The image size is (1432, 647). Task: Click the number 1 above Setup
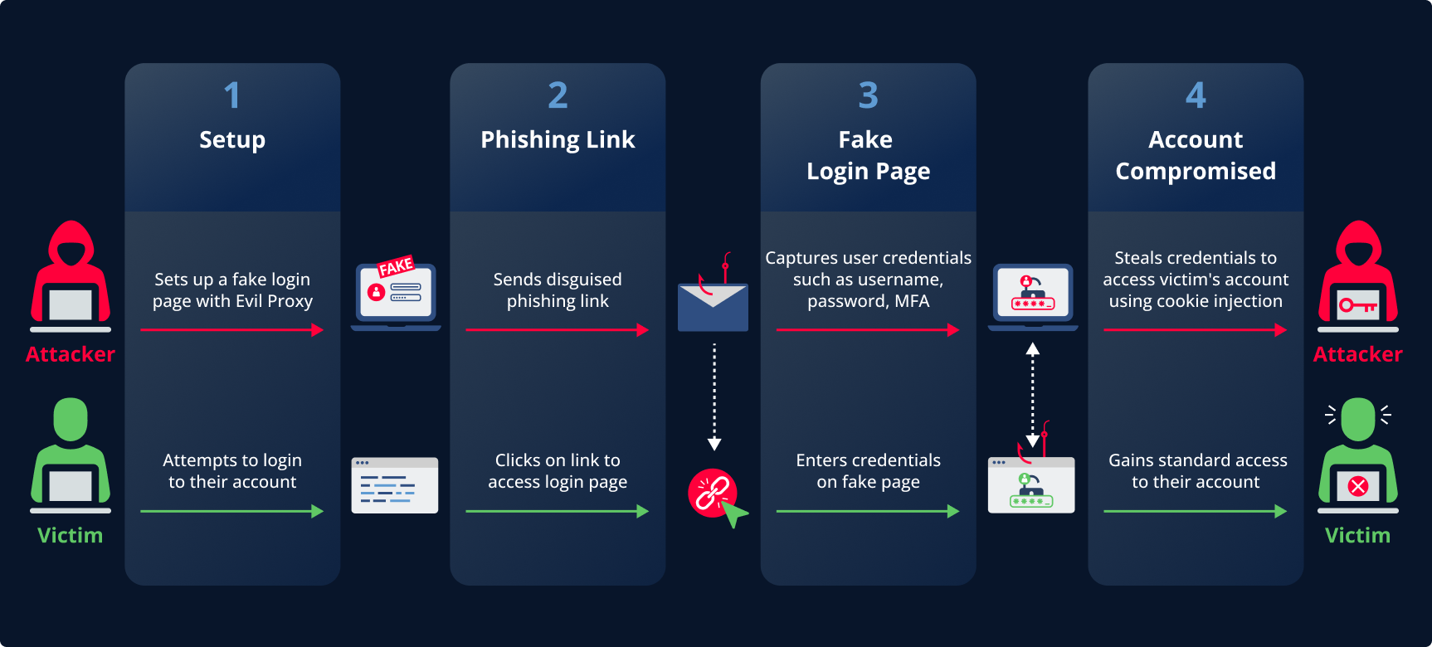[232, 95]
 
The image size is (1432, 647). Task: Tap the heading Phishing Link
[558, 139]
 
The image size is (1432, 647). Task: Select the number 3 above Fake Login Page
[868, 95]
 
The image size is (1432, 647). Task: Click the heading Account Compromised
[1196, 155]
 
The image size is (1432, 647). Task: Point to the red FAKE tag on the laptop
[396, 266]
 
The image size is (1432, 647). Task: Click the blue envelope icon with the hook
[713, 306]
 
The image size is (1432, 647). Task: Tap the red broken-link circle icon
[711, 492]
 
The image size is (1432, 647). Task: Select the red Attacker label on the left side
[71, 354]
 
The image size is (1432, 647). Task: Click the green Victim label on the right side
[1357, 535]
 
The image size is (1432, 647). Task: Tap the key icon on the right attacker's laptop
[1357, 306]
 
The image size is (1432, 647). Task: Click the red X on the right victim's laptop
[1358, 486]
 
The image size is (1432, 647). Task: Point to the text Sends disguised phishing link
[558, 290]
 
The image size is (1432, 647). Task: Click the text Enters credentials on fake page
[868, 471]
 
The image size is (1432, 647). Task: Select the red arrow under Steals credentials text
[1195, 330]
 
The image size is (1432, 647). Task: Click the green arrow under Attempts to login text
[232, 512]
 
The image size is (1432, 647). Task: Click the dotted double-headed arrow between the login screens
[1033, 395]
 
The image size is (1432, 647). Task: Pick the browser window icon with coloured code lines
[395, 485]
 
